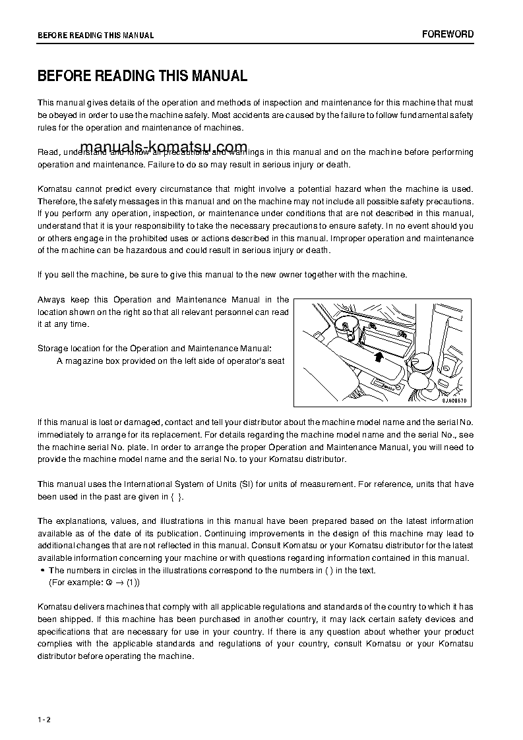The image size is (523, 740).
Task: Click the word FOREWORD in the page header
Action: tap(448, 34)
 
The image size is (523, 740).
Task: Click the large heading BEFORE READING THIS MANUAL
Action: tap(142, 76)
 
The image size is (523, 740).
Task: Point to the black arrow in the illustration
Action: tap(377, 356)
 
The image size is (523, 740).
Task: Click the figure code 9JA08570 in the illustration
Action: tap(454, 400)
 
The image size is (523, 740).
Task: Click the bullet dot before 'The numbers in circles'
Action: tap(42, 571)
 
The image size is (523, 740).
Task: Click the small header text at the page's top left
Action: tap(96, 36)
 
